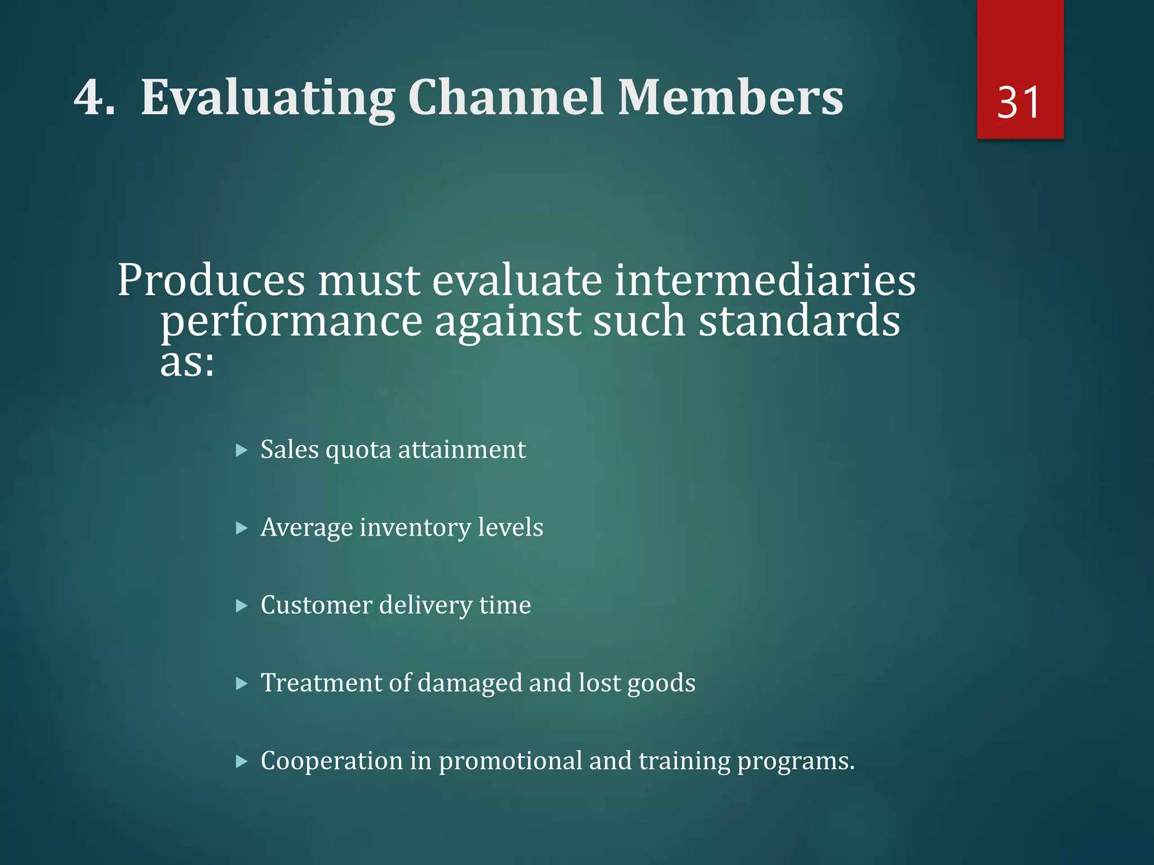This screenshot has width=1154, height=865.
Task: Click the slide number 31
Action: pyautogui.click(x=1019, y=102)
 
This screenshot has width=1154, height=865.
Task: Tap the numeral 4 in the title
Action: pyautogui.click(x=90, y=97)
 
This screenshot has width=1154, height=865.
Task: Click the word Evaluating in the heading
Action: pyautogui.click(x=268, y=99)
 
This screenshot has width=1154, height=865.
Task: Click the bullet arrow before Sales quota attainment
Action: pyautogui.click(x=242, y=451)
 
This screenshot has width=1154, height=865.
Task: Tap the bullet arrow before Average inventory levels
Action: pyautogui.click(x=242, y=528)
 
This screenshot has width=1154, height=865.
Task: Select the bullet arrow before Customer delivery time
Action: pyautogui.click(x=242, y=606)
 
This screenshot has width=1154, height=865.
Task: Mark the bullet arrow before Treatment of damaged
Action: pyautogui.click(x=242, y=684)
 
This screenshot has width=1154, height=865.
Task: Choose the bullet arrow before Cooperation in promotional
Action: pyautogui.click(x=242, y=762)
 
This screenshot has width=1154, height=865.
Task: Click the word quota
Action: pyautogui.click(x=358, y=451)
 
